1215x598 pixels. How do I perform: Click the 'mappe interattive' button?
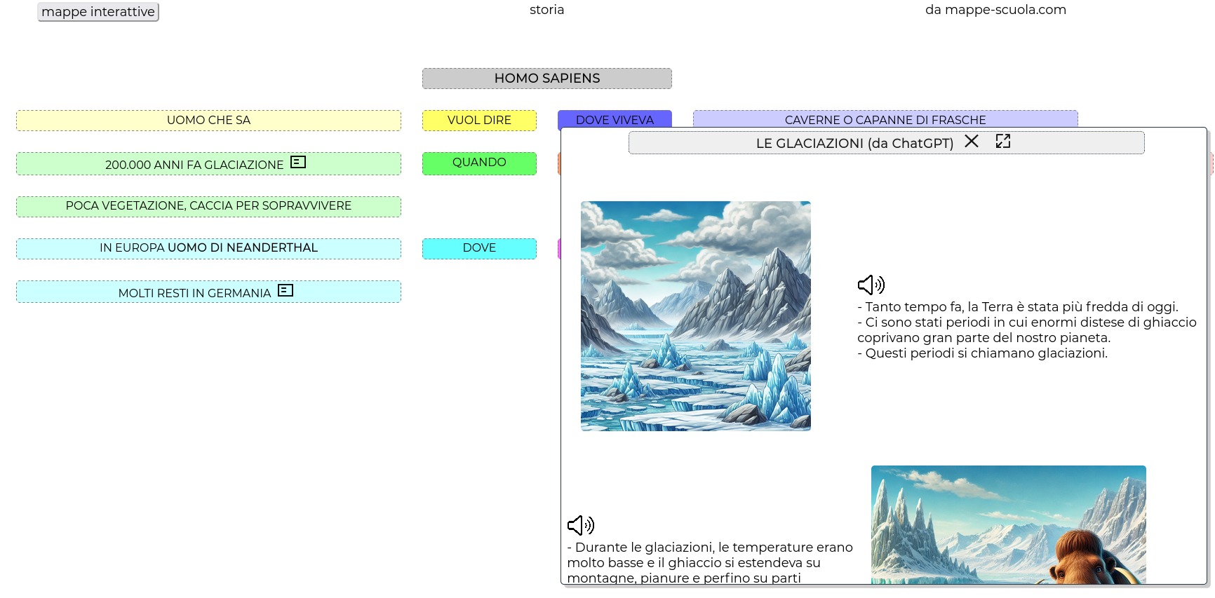coord(98,12)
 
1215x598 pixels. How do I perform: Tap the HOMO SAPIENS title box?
coord(547,79)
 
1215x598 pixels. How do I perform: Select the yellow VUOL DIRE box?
coord(479,121)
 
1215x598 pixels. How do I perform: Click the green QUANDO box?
coord(479,163)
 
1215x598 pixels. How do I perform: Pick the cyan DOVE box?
coord(479,249)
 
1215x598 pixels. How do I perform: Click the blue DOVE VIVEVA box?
coord(615,119)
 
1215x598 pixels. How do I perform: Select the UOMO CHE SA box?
coord(208,121)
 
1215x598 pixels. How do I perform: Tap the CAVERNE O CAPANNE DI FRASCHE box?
coord(885,119)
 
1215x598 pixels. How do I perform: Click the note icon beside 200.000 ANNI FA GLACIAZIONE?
coord(298,162)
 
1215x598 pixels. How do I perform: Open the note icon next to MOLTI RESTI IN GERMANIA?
coord(286,290)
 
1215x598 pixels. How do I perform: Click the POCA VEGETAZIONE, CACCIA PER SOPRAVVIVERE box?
coord(208,207)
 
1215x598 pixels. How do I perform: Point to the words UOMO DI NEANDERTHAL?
coord(243,247)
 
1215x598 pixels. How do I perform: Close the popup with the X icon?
coord(972,141)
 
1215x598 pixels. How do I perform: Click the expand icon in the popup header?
coord(1003,141)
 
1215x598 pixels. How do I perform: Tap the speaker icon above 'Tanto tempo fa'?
coord(871,285)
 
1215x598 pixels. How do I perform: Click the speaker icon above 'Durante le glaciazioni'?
coord(581,525)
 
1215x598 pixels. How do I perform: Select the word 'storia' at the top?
coord(547,10)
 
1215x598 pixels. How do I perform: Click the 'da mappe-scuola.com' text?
coord(995,10)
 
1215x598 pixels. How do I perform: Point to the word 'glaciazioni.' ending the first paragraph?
coord(1072,353)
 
